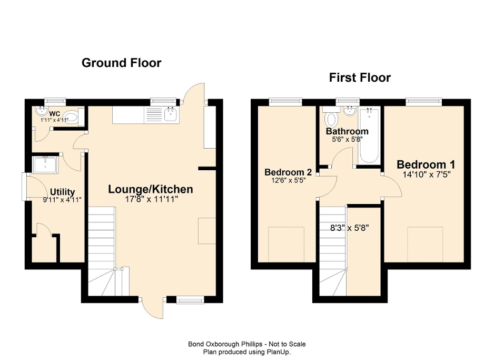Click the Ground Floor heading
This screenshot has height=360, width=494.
point(121,63)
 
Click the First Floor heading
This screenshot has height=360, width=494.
point(360,78)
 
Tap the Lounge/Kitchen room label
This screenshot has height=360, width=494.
point(151,189)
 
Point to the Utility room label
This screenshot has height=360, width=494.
point(62,192)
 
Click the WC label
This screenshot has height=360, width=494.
point(55,113)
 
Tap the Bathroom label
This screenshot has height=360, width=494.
point(347,131)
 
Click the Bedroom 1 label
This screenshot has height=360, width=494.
point(426,163)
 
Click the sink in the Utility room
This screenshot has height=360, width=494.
point(46,165)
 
